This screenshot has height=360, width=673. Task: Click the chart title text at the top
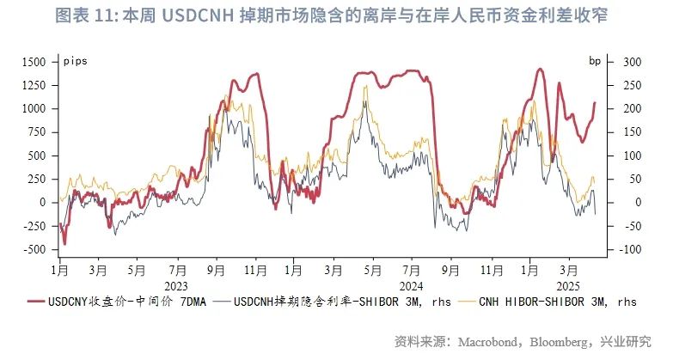coord(336,16)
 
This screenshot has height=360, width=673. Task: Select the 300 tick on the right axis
coord(633,62)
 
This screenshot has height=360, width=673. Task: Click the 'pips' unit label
coord(76,61)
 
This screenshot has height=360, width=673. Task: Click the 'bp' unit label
coord(595,61)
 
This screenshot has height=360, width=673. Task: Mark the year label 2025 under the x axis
coord(566,284)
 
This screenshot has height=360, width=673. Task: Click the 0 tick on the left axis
coord(41,202)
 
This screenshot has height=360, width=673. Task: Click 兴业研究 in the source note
coord(627,341)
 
